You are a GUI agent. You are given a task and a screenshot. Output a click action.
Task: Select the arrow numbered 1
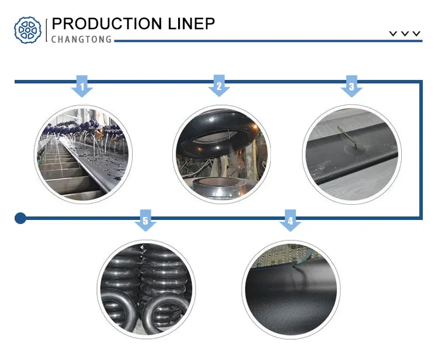[82, 86]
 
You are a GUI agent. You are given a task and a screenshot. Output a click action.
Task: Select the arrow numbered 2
[219, 86]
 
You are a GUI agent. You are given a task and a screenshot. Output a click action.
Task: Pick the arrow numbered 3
[351, 86]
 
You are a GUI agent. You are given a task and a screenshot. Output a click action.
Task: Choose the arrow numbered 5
[145, 221]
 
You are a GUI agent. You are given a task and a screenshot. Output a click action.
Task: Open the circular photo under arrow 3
[350, 153]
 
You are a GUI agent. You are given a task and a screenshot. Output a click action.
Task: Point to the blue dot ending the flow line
[20, 218]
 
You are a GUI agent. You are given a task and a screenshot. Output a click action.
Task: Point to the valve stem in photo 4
[298, 264]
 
